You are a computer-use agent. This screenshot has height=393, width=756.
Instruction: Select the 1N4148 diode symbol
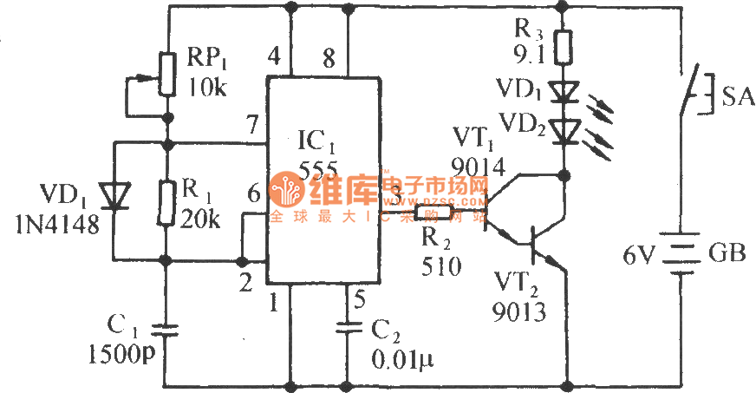113,197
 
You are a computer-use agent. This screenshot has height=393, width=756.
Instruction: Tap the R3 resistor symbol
564,47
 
